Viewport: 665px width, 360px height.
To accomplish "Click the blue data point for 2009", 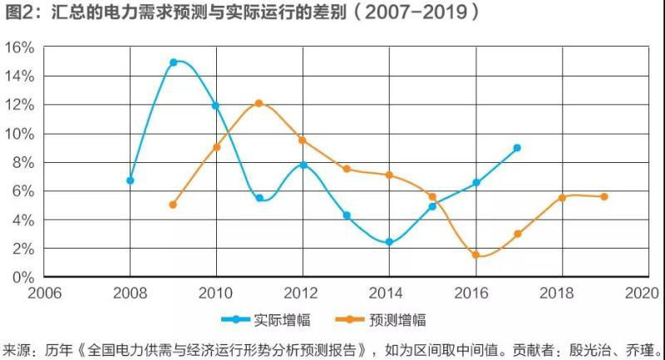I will click(x=174, y=62).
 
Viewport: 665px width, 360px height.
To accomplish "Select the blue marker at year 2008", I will click(x=131, y=180).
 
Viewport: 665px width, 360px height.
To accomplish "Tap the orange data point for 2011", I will click(x=259, y=103).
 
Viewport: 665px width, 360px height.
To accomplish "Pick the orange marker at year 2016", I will click(x=475, y=254).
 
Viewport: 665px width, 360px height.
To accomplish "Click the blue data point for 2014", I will click(x=389, y=242).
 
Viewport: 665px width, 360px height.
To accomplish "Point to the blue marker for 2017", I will click(x=517, y=148).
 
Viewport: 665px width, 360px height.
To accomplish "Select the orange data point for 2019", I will click(x=604, y=196).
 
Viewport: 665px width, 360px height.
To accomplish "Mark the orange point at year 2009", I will click(x=173, y=205).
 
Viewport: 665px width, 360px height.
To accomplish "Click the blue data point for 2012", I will click(x=303, y=165).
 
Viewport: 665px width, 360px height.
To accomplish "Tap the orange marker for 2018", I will click(x=562, y=197).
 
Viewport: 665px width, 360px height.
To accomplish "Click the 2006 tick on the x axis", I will click(x=46, y=293).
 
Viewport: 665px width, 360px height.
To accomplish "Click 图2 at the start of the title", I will click(x=18, y=14).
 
